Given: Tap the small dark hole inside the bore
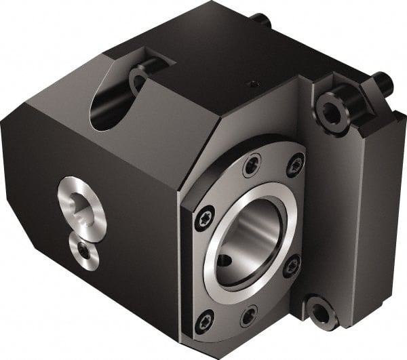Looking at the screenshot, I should pos(224,260).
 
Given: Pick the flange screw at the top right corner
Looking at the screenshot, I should pos(296,165).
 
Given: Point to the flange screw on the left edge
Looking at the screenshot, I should pos(203,218).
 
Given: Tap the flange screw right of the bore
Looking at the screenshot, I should pos(292,266).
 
